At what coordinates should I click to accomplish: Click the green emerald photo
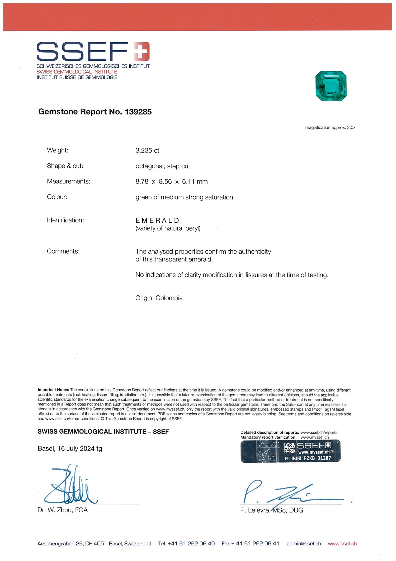click(x=331, y=86)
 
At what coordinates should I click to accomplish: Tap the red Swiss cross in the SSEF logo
click(x=141, y=51)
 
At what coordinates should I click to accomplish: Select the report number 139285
click(x=138, y=112)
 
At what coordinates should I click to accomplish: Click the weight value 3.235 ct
click(x=147, y=150)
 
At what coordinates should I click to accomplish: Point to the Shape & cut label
click(x=65, y=166)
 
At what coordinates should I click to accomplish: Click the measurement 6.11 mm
click(x=195, y=182)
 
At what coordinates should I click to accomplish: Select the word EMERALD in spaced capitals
click(x=157, y=220)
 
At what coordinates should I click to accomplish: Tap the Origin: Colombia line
click(x=159, y=298)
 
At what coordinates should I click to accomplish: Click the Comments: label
click(x=63, y=251)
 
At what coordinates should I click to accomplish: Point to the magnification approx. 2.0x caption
click(x=330, y=128)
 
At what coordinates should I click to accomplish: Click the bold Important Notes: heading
click(x=53, y=390)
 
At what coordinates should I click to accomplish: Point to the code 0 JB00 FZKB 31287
click(x=308, y=458)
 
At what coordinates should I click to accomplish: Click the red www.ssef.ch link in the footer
click(x=342, y=544)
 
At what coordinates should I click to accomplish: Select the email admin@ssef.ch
click(x=304, y=544)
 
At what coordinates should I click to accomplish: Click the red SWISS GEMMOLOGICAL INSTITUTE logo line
click(x=77, y=72)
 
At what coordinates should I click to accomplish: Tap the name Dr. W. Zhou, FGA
click(x=63, y=510)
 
